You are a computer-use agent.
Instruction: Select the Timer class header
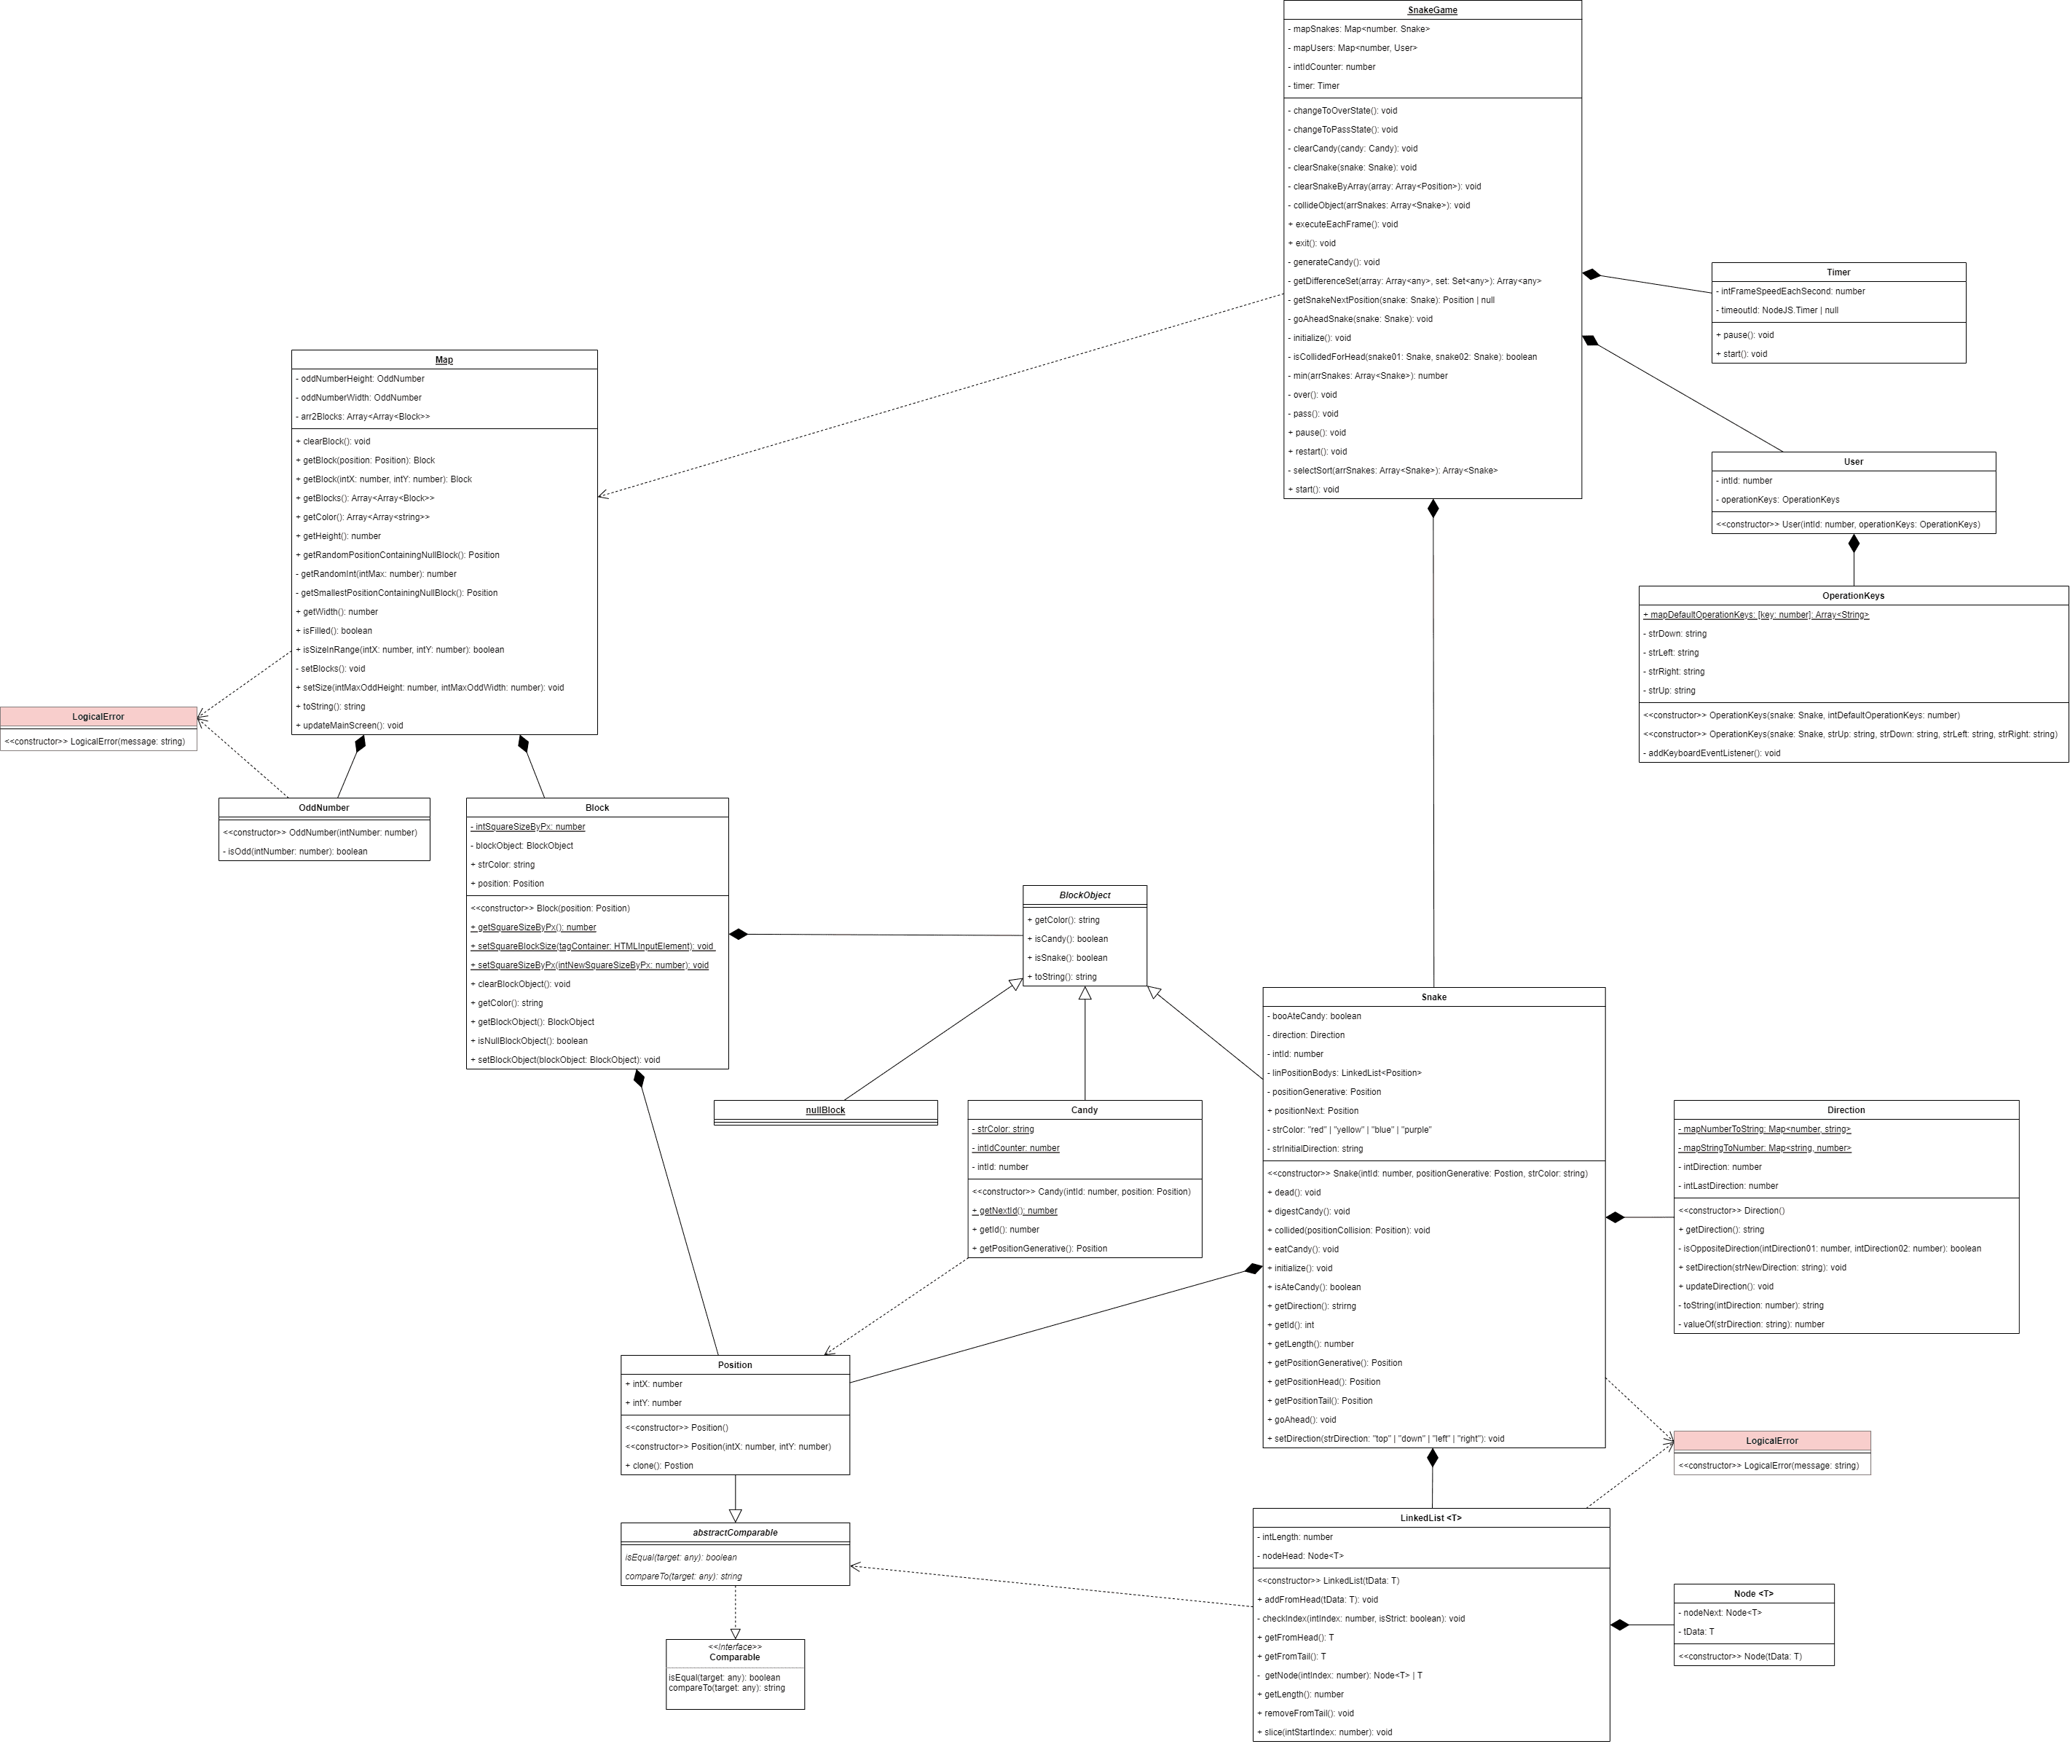pyautogui.click(x=1838, y=272)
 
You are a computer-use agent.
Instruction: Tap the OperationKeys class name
pyautogui.click(x=1852, y=596)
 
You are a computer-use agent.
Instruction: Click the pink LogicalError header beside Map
pyautogui.click(x=98, y=717)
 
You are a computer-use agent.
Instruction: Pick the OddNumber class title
pyautogui.click(x=323, y=808)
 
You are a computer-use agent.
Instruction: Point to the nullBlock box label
pyautogui.click(x=825, y=1110)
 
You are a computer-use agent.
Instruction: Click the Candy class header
pyautogui.click(x=1085, y=1110)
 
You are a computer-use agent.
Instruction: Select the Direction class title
pyautogui.click(x=1846, y=1110)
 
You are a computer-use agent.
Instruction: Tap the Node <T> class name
pyautogui.click(x=1754, y=1594)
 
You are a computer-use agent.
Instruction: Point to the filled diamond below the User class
pyautogui.click(x=1854, y=543)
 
